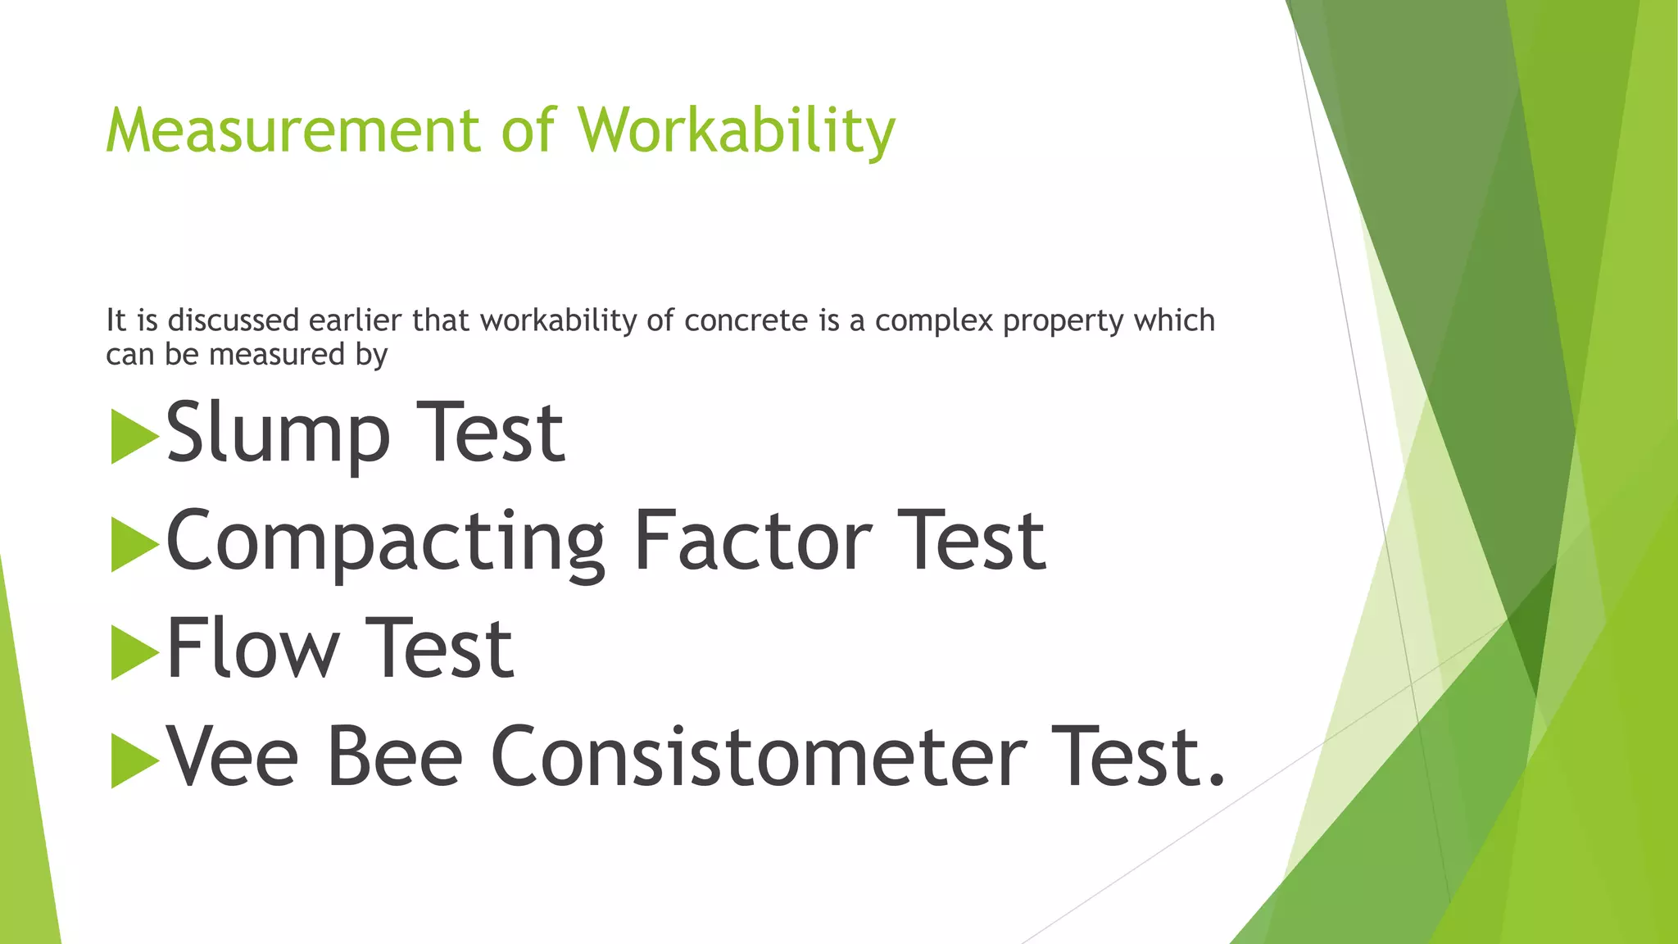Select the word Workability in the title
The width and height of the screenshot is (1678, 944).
[x=737, y=130]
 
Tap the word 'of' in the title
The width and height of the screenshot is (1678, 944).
[x=528, y=130]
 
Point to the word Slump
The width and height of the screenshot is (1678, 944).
[x=278, y=433]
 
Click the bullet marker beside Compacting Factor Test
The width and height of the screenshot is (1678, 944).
[x=134, y=545]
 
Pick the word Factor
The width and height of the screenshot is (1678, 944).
[x=752, y=540]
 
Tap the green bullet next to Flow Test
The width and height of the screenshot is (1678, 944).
[x=134, y=653]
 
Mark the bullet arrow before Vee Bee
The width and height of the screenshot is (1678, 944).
[x=134, y=761]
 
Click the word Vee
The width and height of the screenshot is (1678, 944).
[x=233, y=757]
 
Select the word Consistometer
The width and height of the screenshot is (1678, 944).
[x=758, y=757]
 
